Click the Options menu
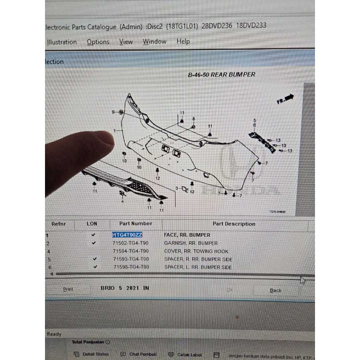pyautogui.click(x=98, y=42)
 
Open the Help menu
pyautogui.click(x=183, y=41)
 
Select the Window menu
pyautogui.click(x=154, y=41)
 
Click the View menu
pyautogui.click(x=126, y=42)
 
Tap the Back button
pyautogui.click(x=276, y=290)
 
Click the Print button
pyautogui.click(x=68, y=289)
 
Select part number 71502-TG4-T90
pyautogui.click(x=131, y=243)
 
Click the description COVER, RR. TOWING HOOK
pyautogui.click(x=196, y=251)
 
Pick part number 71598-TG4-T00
pyautogui.click(x=131, y=267)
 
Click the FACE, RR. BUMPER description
pyautogui.click(x=187, y=235)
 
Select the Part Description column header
pyautogui.click(x=234, y=224)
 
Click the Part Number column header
pyautogui.click(x=136, y=224)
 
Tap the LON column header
pyautogui.click(x=92, y=224)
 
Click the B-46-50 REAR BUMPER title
pyautogui.click(x=221, y=75)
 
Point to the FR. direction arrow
pyautogui.click(x=285, y=99)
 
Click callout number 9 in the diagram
pyautogui.click(x=113, y=112)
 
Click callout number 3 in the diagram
pyautogui.click(x=176, y=189)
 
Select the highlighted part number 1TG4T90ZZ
pyautogui.click(x=127, y=235)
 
